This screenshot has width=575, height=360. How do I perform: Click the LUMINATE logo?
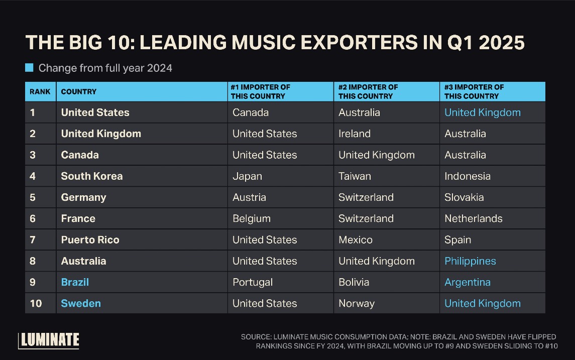(49, 340)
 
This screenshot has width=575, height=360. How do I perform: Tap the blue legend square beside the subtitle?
(29, 68)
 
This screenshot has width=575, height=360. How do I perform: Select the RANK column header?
(40, 92)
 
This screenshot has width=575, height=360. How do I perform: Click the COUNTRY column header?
(78, 92)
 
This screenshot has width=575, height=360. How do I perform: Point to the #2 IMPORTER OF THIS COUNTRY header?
(368, 91)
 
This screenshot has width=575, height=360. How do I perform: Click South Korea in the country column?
(92, 176)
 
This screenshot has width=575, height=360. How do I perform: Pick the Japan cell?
(247, 176)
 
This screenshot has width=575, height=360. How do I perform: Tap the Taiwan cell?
(355, 176)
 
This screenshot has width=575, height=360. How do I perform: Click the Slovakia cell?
(464, 197)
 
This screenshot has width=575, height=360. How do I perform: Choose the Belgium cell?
(252, 218)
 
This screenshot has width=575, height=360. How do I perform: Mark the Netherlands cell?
(473, 218)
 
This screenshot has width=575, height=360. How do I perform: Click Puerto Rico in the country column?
(90, 240)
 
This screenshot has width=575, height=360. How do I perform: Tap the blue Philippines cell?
(470, 261)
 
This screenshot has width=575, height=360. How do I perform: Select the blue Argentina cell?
(468, 282)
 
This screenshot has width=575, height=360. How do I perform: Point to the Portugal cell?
(253, 282)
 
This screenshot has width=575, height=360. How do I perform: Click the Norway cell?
(357, 303)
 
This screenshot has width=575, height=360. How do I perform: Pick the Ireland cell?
(355, 134)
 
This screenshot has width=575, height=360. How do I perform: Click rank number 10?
(36, 303)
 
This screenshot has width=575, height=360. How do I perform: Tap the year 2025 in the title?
(502, 43)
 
